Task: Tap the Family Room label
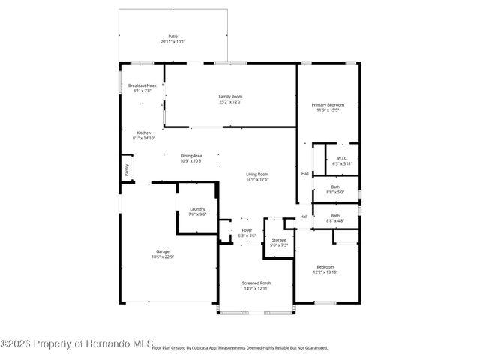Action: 230,96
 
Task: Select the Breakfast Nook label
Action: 142,86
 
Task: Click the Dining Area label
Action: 191,156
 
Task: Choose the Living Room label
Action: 257,175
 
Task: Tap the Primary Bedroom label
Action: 328,104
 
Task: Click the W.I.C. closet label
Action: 342,158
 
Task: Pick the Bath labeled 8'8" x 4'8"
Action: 335,216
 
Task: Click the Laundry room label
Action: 197,209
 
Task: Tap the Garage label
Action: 163,251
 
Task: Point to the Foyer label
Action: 247,230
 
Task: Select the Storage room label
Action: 279,240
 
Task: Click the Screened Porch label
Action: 256,283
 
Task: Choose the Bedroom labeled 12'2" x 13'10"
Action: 325,267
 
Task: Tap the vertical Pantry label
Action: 126,170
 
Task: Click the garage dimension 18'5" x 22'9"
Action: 163,256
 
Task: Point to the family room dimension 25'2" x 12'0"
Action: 230,101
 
